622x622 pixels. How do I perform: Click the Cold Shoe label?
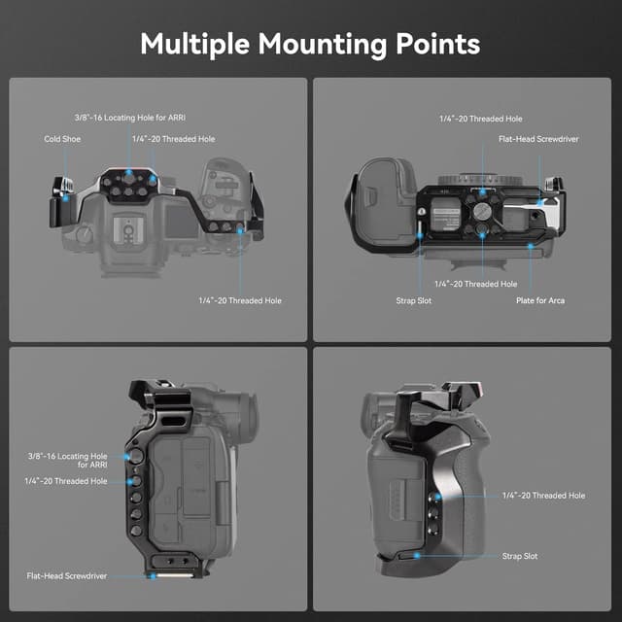pyautogui.click(x=63, y=139)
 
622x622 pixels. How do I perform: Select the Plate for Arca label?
pyautogui.click(x=540, y=300)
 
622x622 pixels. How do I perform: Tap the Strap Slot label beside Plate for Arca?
pyautogui.click(x=414, y=300)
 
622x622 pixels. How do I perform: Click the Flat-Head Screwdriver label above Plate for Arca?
pyautogui.click(x=538, y=139)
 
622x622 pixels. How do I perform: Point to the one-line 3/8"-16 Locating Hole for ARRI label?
pyautogui.click(x=129, y=117)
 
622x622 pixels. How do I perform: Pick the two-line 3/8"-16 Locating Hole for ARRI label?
pyautogui.click(x=68, y=459)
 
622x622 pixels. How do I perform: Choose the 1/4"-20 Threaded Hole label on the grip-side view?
pyautogui.click(x=543, y=496)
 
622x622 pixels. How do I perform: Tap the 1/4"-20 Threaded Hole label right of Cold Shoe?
pyautogui.click(x=174, y=139)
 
